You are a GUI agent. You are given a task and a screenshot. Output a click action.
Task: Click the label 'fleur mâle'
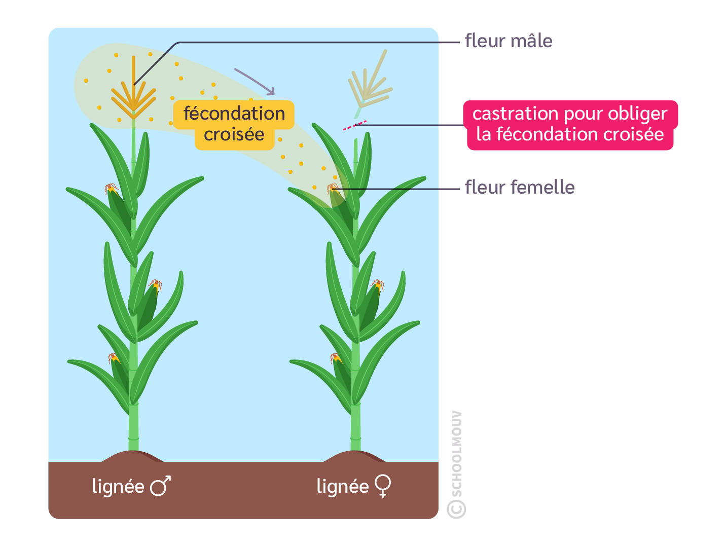tap(508, 41)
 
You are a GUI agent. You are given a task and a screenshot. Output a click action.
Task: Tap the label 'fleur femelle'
tap(519, 188)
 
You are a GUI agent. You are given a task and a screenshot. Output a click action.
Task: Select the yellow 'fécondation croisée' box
tap(234, 124)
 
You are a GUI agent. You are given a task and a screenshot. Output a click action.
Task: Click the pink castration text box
tap(570, 124)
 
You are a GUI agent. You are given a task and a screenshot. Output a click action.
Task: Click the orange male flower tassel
tap(133, 94)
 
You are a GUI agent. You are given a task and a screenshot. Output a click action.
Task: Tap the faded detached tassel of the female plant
tap(370, 84)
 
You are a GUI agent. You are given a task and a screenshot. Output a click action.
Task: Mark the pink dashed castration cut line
tap(354, 125)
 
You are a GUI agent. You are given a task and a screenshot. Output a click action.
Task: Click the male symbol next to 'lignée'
tap(160, 486)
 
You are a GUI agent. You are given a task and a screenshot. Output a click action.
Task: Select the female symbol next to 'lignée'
tap(383, 486)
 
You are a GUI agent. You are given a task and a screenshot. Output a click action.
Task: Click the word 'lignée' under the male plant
tap(118, 486)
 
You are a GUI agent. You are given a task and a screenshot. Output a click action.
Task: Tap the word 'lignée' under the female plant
tap(342, 486)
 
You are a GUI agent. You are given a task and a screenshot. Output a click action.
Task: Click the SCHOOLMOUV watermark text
tap(456, 454)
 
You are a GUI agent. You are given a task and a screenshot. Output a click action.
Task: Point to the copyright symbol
tap(456, 509)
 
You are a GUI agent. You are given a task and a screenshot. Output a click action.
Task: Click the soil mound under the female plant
tap(355, 457)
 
